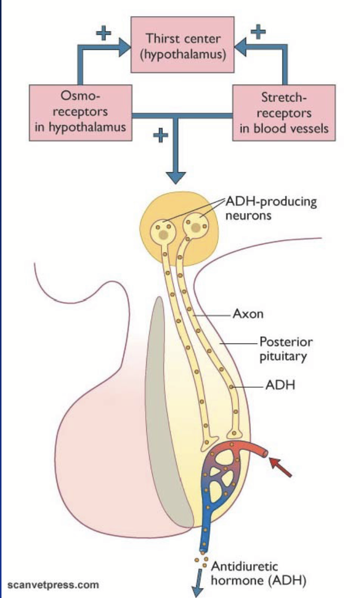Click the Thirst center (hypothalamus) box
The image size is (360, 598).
click(182, 47)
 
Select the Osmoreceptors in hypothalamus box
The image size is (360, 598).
click(80, 112)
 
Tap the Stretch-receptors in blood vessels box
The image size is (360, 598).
click(284, 112)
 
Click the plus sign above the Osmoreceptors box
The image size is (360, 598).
click(103, 34)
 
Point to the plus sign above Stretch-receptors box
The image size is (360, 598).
click(257, 33)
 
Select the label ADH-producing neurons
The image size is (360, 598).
click(270, 208)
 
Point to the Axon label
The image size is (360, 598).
click(247, 314)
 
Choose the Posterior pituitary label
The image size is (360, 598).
click(286, 348)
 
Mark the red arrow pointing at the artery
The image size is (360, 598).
click(282, 465)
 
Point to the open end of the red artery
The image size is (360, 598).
click(265, 453)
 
